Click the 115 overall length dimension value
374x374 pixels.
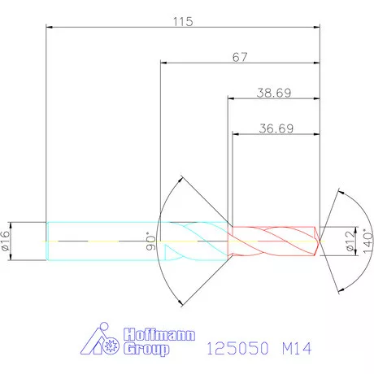click(183, 22)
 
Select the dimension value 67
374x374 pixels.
click(240, 57)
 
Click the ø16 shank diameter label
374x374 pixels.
click(7, 241)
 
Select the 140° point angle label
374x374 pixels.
click(367, 241)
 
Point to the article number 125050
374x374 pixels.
click(234, 348)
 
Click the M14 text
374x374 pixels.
click(297, 348)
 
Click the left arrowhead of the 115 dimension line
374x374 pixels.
click(50, 28)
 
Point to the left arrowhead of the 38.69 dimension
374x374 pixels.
click(230, 99)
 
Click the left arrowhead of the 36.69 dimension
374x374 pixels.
click(236, 134)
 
